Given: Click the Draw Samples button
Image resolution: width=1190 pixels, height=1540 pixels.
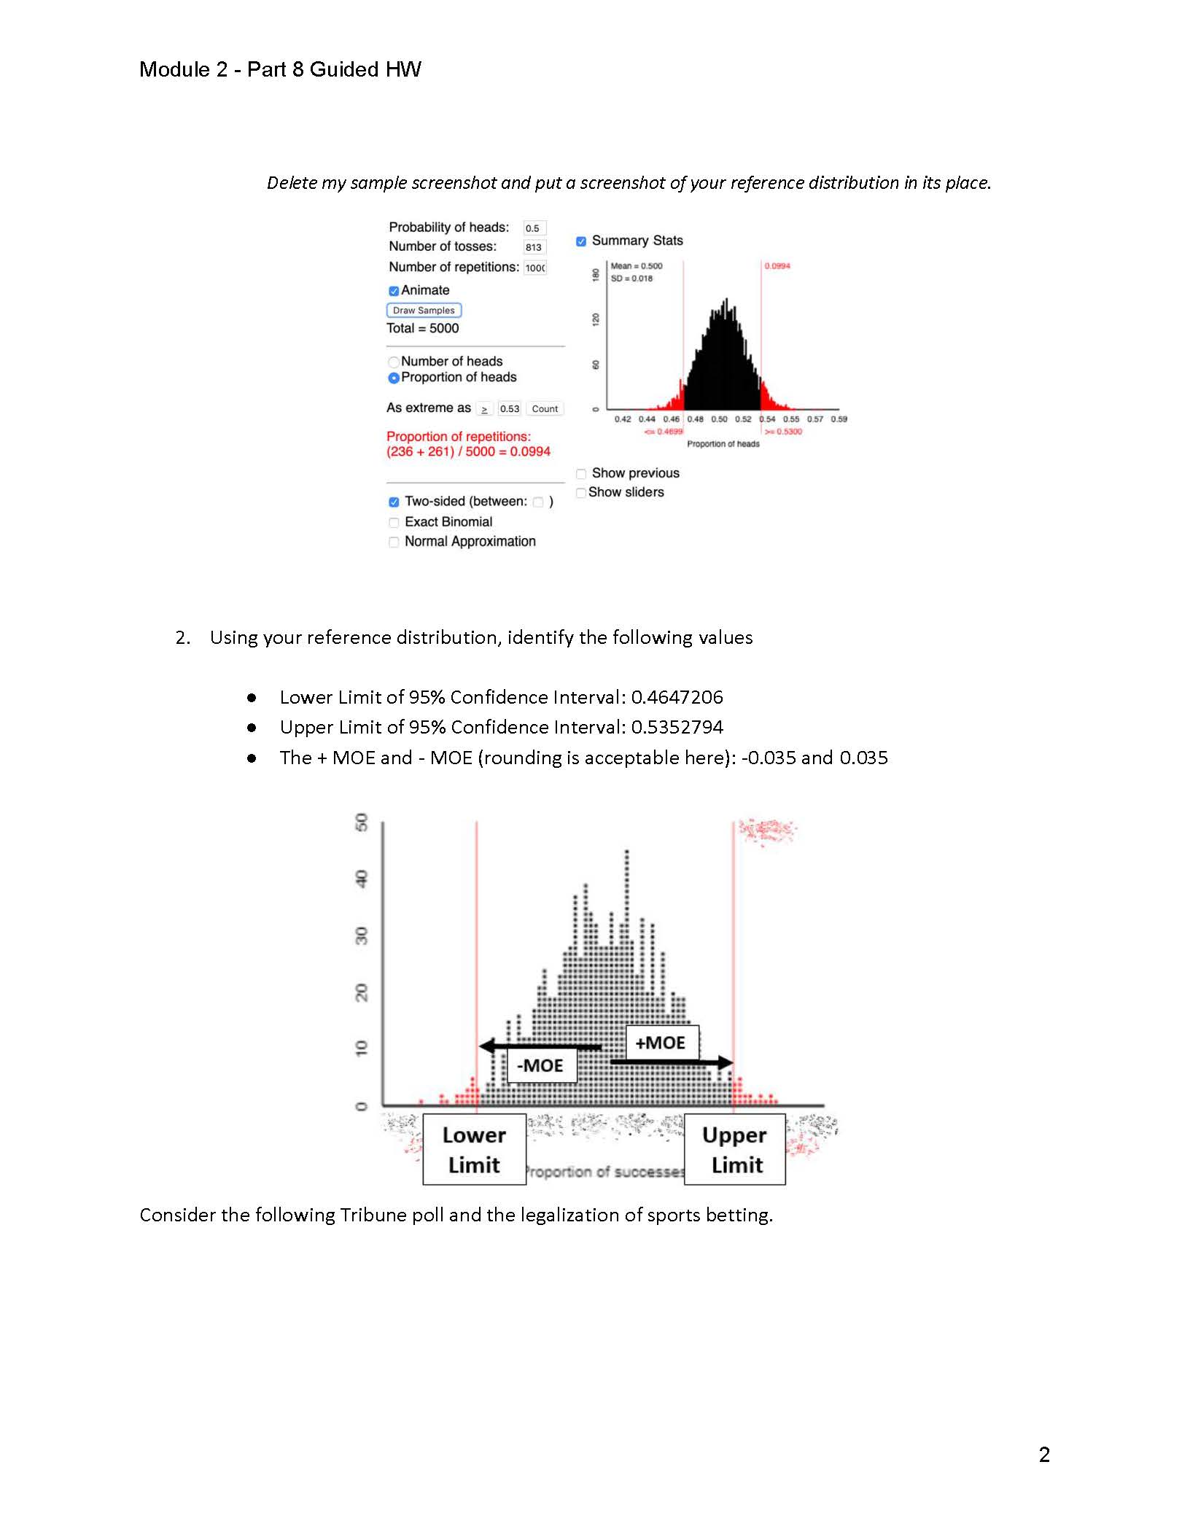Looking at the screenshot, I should [x=424, y=310].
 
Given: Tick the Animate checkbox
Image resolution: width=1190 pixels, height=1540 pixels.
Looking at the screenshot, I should [x=394, y=291].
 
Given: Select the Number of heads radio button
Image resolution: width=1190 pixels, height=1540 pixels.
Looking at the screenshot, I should [x=394, y=362].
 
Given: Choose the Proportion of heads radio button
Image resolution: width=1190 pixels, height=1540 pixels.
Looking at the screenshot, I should [x=394, y=378].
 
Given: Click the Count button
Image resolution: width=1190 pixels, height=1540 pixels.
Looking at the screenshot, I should [x=545, y=409].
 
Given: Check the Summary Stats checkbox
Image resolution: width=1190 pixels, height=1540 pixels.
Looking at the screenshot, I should [x=581, y=241].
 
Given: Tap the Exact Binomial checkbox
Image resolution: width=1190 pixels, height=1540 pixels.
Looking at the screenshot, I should [x=394, y=523].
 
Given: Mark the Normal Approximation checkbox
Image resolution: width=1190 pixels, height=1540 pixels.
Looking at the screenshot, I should [x=394, y=542].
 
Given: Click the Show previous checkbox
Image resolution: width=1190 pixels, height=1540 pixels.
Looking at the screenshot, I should [x=581, y=474].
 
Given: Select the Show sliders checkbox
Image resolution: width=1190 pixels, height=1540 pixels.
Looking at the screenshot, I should [x=581, y=493].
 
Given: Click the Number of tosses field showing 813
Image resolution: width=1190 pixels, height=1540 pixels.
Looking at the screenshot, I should [x=534, y=247].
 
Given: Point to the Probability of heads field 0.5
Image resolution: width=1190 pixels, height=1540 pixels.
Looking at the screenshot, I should [x=534, y=228].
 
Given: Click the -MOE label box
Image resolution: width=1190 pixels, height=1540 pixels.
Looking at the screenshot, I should [x=540, y=1065].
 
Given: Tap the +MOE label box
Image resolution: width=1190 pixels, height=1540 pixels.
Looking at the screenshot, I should [x=661, y=1043].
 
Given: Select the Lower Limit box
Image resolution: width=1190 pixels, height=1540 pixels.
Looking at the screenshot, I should [x=474, y=1149].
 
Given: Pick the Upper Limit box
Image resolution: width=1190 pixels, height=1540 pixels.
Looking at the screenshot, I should [x=735, y=1149].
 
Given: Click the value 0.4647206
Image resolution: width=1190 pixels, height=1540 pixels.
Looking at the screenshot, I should [x=677, y=698].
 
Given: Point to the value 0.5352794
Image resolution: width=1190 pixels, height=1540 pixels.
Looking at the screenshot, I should [x=677, y=728].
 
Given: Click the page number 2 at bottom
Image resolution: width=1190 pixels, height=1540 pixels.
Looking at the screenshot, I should [x=1044, y=1455].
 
